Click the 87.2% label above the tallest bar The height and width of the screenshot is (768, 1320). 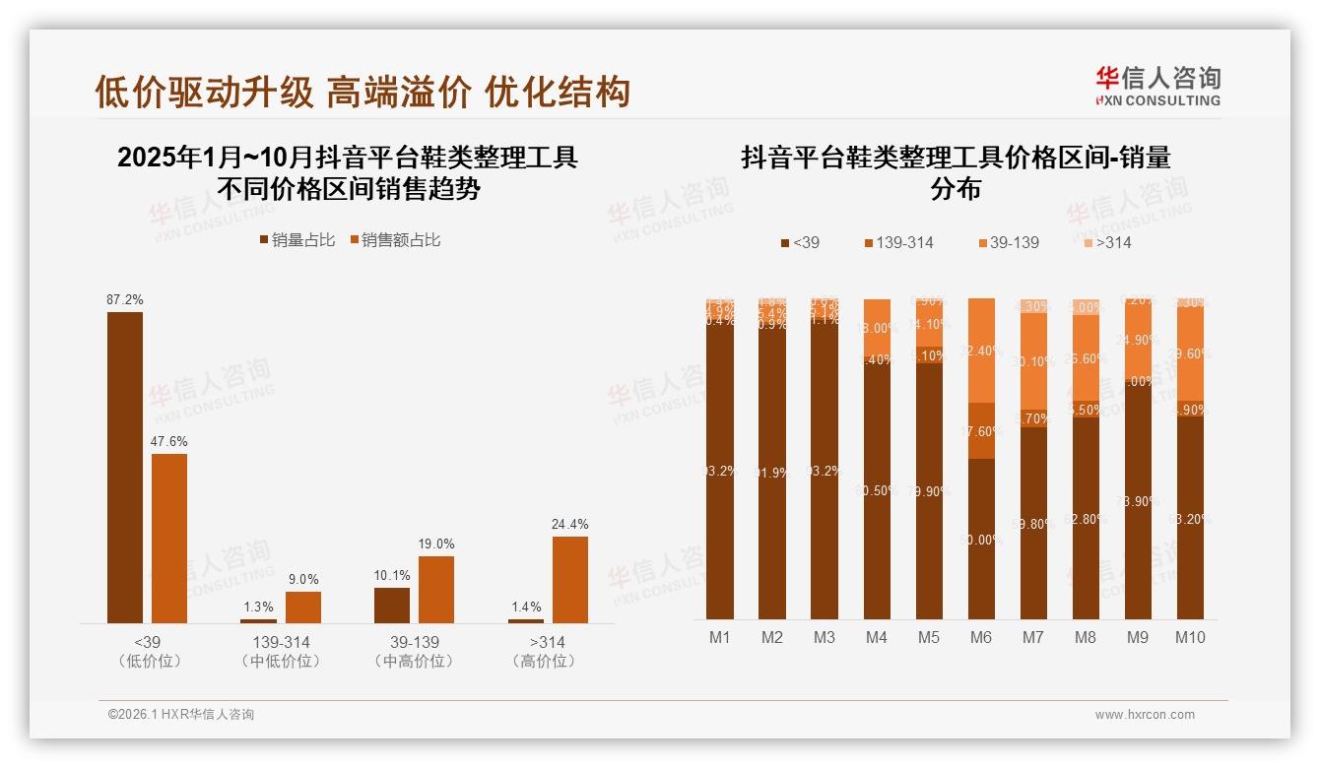click(125, 298)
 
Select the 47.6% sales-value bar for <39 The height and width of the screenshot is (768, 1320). click(169, 538)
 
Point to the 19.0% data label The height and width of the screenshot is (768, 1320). click(436, 544)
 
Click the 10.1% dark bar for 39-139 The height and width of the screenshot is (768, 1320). click(392, 605)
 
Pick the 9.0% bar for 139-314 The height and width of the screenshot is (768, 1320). click(303, 607)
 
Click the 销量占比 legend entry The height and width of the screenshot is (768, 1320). click(297, 239)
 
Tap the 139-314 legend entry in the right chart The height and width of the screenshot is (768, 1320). click(899, 242)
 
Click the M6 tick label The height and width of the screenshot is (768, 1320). click(981, 637)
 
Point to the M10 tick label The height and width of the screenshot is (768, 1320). click(1190, 637)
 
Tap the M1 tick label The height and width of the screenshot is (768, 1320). click(720, 637)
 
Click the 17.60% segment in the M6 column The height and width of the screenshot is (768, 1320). click(981, 430)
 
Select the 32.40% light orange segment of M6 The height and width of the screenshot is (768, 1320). click(981, 351)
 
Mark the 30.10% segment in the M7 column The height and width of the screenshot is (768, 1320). click(1033, 360)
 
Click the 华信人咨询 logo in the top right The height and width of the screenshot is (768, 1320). click(1157, 86)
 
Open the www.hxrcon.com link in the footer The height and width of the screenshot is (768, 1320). click(1145, 715)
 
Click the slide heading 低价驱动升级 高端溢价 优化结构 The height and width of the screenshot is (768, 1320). click(362, 93)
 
